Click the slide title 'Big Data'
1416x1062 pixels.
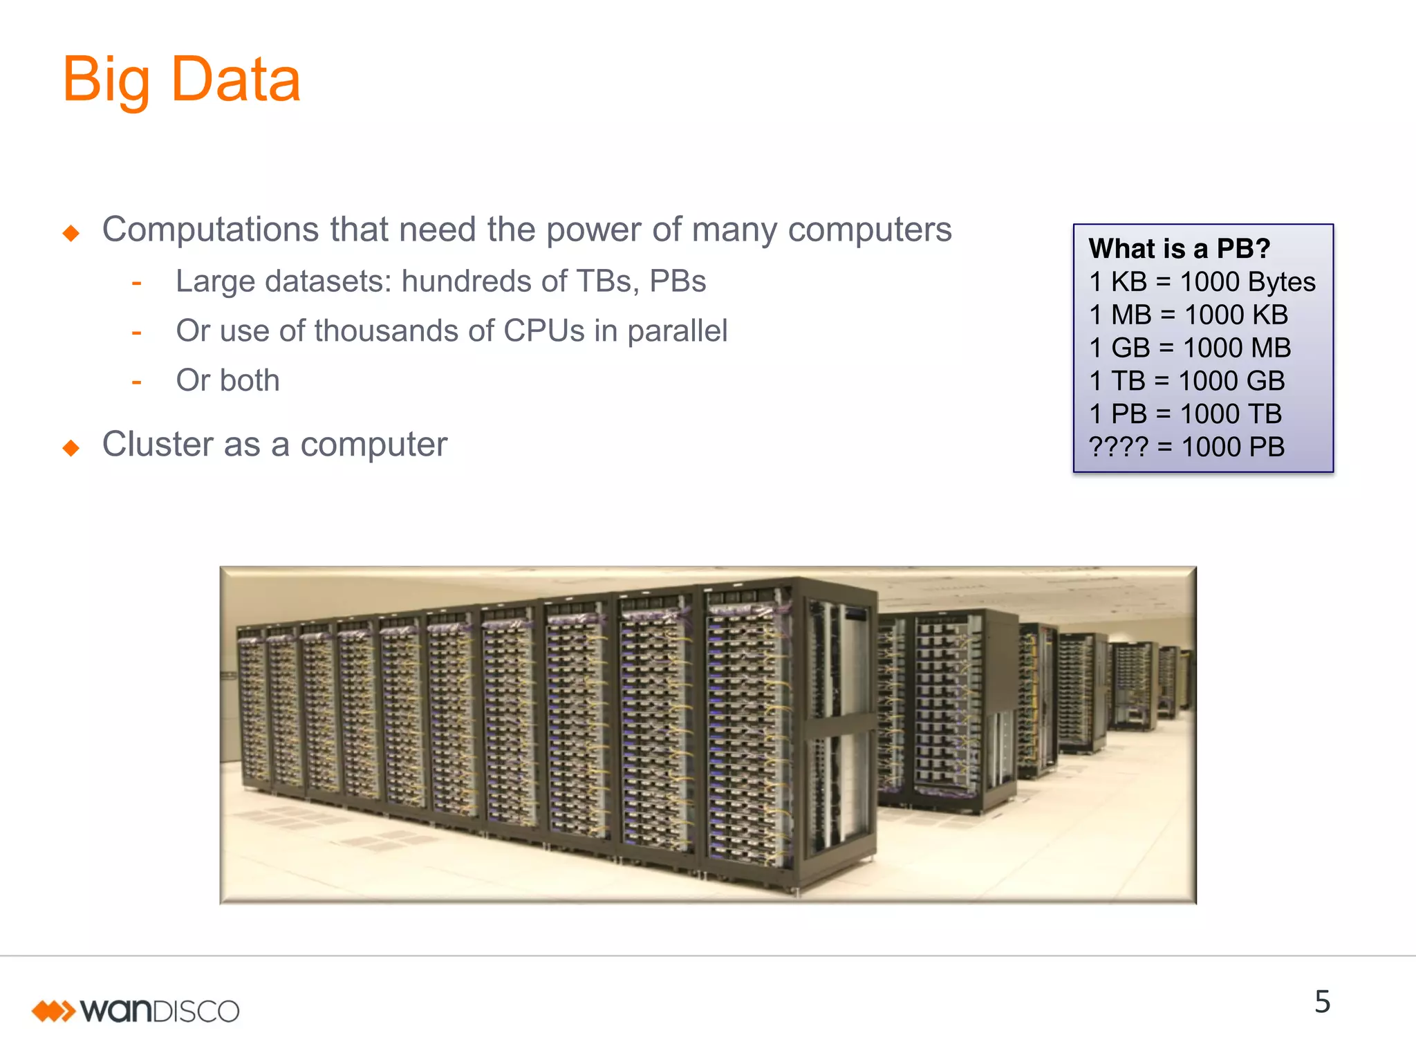[x=181, y=80]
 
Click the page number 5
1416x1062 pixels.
[x=1322, y=1002]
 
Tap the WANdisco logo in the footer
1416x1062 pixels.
[x=136, y=1011]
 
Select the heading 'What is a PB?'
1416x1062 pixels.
[x=1180, y=248]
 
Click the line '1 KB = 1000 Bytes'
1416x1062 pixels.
[x=1202, y=281]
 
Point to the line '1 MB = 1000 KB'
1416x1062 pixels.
[x=1188, y=315]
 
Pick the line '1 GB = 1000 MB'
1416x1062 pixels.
[x=1189, y=348]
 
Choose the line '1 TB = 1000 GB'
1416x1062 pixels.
[x=1186, y=381]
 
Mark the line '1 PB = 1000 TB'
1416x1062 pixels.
[x=1185, y=414]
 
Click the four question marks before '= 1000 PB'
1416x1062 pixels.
[x=1118, y=447]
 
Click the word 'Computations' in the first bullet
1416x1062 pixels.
[x=210, y=230]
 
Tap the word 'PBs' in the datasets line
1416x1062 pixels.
[x=678, y=281]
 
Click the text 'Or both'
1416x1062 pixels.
[x=227, y=380]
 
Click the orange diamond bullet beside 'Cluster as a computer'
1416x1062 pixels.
[x=71, y=448]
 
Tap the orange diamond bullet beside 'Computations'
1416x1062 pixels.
[x=71, y=233]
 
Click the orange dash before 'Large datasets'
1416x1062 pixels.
[x=136, y=283]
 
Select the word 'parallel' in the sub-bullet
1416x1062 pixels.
[x=677, y=331]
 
